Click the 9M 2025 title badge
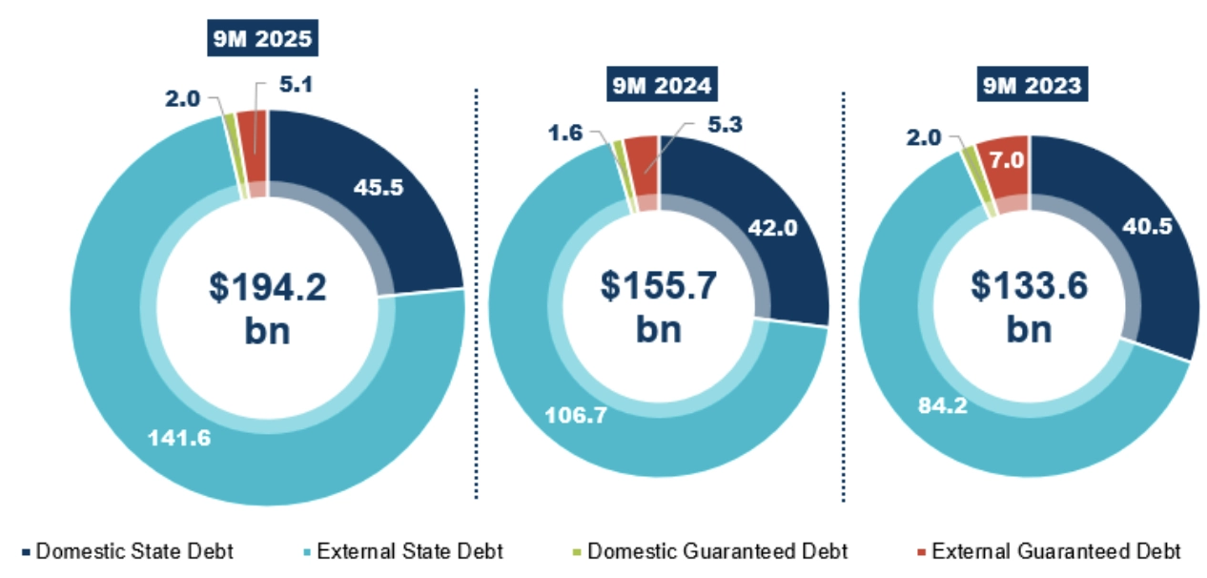pos(261,41)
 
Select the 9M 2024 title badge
pos(660,86)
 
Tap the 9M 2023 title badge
pos(1030,86)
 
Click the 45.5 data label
pos(378,188)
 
